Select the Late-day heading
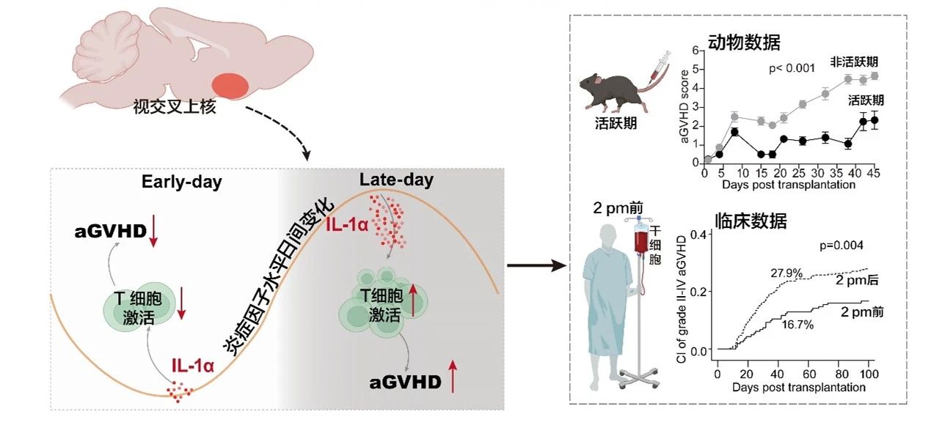pyautogui.click(x=396, y=180)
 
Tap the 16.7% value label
pyautogui.click(x=797, y=324)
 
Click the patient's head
pyautogui.click(x=602, y=237)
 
